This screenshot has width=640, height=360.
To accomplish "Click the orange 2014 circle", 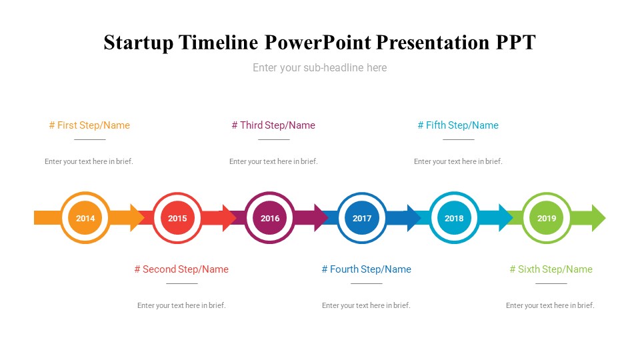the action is (x=85, y=218).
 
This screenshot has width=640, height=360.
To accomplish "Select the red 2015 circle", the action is (x=177, y=218).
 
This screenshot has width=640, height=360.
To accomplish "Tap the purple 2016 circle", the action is (x=270, y=218).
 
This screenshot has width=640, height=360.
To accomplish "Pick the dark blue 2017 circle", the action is (x=362, y=218).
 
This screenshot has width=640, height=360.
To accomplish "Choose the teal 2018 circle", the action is (x=454, y=218).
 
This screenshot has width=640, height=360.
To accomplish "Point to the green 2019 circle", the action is (x=547, y=218).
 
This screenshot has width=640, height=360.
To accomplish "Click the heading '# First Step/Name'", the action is (x=89, y=125).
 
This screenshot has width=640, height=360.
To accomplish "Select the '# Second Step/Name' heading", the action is (x=181, y=269).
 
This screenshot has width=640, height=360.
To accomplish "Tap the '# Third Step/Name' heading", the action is (x=273, y=125).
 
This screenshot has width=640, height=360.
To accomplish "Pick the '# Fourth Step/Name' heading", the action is (x=367, y=269).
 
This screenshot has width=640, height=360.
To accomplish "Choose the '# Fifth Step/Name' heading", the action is (x=458, y=125).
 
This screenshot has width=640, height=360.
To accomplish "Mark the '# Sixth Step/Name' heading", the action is (x=551, y=269).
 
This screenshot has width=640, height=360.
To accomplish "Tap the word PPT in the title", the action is (x=515, y=43).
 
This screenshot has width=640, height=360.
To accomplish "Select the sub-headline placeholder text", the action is (x=319, y=68).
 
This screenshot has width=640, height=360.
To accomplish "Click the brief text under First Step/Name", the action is (x=89, y=161).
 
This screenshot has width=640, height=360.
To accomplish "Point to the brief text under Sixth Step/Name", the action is (x=550, y=305).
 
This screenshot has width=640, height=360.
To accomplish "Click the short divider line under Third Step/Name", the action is (x=274, y=139).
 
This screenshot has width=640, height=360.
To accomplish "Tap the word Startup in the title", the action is (x=139, y=43).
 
